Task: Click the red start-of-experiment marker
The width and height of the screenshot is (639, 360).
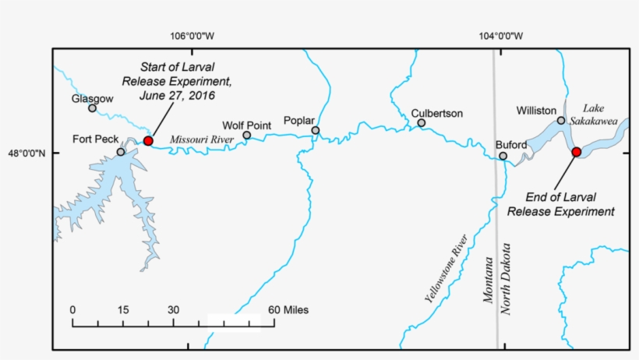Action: (x=148, y=140)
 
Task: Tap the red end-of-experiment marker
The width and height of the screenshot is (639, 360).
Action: (x=576, y=152)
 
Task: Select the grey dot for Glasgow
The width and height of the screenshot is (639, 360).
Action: (x=92, y=108)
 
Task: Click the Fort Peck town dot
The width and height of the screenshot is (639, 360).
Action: (x=121, y=152)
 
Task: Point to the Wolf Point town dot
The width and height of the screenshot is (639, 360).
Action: (x=247, y=135)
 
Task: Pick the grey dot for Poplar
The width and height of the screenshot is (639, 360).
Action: (x=316, y=130)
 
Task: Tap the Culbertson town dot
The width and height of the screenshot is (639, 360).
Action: (x=422, y=122)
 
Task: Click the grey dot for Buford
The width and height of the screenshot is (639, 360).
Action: (x=503, y=156)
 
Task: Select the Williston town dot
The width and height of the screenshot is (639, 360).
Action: (x=561, y=121)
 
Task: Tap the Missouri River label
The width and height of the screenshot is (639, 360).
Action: (x=202, y=139)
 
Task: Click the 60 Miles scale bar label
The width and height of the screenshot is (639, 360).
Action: (x=288, y=309)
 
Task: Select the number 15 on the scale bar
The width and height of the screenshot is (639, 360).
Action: (x=122, y=309)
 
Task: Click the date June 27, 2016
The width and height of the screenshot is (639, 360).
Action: (x=176, y=95)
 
